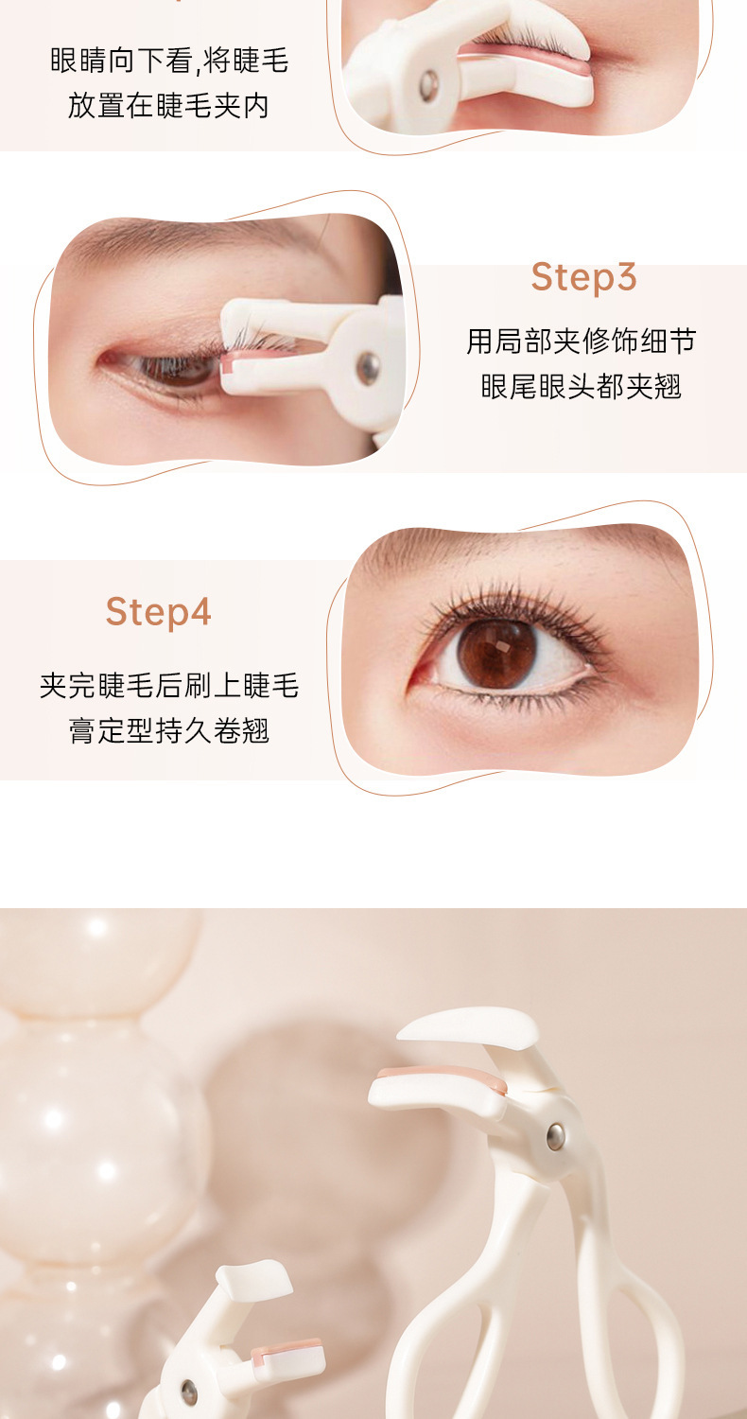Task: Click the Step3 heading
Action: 583,277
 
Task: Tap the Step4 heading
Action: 158,611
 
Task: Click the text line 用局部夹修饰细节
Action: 582,341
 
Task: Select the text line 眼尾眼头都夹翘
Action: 582,386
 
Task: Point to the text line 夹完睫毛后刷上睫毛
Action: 169,686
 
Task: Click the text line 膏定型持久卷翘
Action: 169,730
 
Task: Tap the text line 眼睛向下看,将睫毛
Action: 169,61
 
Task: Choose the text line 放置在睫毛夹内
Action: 169,106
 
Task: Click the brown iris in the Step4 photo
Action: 496,653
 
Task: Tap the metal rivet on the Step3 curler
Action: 368,367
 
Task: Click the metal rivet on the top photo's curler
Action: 428,84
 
